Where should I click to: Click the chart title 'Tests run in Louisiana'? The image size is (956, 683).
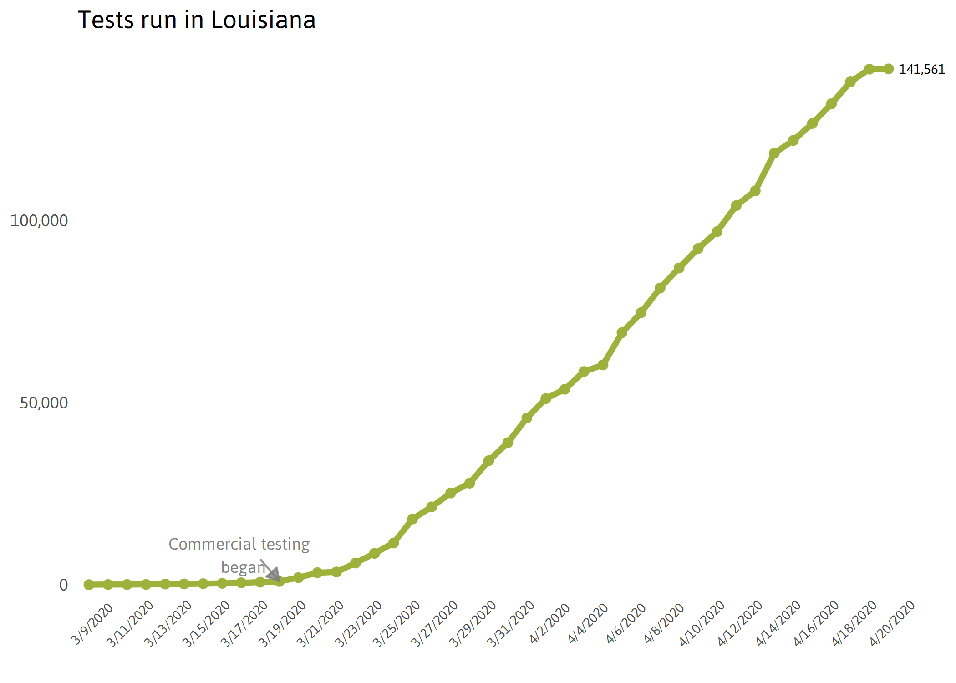[197, 20]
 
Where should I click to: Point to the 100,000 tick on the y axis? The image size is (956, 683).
[39, 221]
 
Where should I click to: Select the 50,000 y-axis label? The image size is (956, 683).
[44, 403]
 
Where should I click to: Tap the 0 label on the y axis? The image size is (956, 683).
[64, 585]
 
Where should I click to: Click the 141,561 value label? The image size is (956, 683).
[922, 69]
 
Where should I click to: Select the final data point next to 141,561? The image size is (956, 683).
[888, 69]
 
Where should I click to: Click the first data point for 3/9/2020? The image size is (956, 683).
[89, 585]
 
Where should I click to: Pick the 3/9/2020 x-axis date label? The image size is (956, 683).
[92, 624]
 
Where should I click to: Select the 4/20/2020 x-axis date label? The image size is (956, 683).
[892, 623]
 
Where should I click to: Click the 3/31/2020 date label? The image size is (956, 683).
[510, 624]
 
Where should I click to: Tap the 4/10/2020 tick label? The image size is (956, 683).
[702, 623]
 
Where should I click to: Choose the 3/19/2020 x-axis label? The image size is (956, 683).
[282, 624]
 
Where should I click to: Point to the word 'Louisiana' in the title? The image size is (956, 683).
[263, 20]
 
